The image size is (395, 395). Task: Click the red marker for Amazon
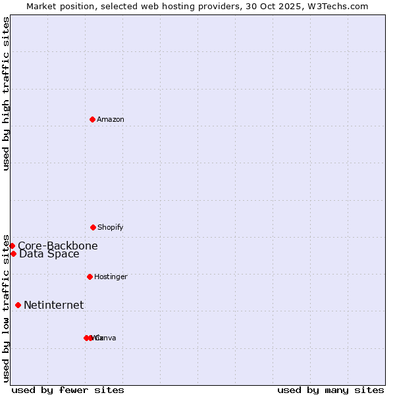[92, 119]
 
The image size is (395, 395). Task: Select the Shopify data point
[93, 227]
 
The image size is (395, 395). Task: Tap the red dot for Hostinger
[90, 276]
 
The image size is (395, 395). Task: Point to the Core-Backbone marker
[12, 246]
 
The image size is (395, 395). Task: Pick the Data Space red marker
[13, 253]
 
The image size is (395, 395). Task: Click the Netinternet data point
[18, 305]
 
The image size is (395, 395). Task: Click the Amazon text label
[111, 119]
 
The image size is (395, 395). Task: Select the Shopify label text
[111, 227]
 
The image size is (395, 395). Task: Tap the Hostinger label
[111, 276]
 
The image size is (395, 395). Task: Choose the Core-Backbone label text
[58, 246]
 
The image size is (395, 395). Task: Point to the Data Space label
[49, 254]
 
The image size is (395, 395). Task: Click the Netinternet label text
[54, 305]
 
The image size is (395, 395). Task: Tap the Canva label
[107, 338]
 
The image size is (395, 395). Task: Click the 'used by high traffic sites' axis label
[7, 93]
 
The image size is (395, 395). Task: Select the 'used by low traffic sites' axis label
[7, 307]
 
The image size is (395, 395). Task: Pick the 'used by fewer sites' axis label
[68, 390]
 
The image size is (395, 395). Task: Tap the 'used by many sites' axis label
[330, 390]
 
